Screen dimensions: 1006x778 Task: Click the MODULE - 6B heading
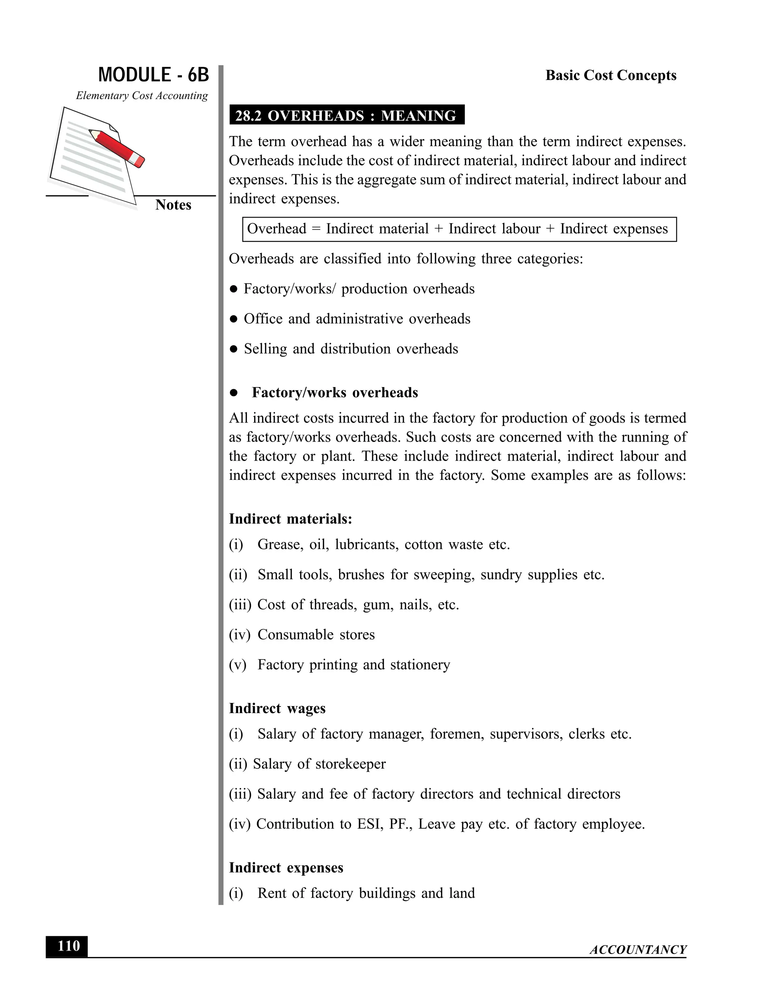153,75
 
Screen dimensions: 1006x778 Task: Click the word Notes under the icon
173,205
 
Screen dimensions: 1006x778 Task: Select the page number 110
68,946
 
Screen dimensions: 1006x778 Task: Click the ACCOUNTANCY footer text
638,949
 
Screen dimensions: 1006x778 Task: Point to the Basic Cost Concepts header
611,75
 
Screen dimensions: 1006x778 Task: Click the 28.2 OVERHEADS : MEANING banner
346,115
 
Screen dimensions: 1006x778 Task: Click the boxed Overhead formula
459,229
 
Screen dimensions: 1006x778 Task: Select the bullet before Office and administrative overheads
234,319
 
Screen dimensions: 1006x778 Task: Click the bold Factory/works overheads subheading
335,393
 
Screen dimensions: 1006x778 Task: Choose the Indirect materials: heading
290,519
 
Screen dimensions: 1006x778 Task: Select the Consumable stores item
316,634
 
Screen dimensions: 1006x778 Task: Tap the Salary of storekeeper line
319,764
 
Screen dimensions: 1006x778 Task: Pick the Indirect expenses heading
286,867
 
